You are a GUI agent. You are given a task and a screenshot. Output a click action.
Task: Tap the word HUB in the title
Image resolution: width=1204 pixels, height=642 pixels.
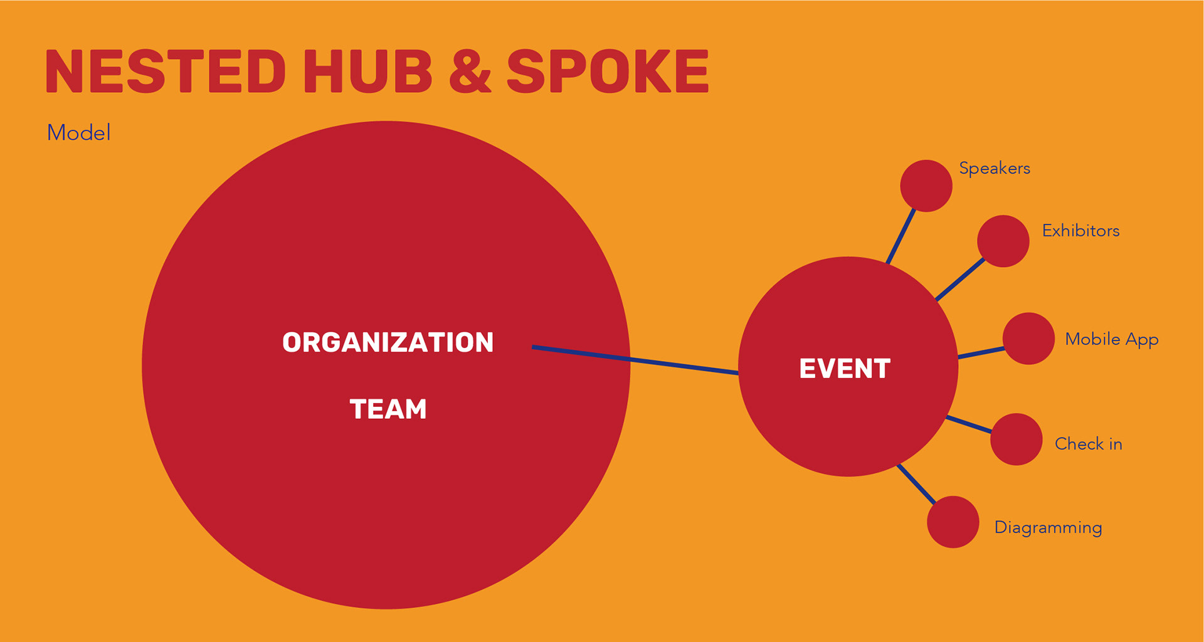[367, 71]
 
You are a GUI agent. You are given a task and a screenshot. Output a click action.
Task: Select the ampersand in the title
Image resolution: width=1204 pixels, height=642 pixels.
[470, 71]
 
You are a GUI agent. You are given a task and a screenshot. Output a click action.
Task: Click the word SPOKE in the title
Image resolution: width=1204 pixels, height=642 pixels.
[607, 71]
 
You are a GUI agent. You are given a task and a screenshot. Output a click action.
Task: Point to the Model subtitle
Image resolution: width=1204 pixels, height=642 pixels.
[79, 133]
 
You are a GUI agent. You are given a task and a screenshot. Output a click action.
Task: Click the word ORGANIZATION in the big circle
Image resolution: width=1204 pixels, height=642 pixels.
[388, 342]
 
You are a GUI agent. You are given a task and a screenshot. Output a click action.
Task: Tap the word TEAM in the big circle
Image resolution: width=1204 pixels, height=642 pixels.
[388, 409]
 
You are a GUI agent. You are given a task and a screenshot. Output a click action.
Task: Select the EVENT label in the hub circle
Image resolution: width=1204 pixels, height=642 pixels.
[845, 369]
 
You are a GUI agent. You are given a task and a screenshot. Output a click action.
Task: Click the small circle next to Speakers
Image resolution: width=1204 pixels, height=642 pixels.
[926, 186]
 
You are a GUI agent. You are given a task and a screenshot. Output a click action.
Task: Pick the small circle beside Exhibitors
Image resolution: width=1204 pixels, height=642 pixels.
[1003, 241]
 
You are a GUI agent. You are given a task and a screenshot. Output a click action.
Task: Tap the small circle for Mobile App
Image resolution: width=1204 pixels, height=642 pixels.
[1028, 339]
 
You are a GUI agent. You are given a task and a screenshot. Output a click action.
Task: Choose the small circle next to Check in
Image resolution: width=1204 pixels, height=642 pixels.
[1016, 439]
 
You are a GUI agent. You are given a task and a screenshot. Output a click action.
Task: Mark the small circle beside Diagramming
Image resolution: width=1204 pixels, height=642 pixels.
[953, 522]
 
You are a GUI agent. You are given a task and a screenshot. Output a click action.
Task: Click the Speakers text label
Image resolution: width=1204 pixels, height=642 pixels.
[995, 169]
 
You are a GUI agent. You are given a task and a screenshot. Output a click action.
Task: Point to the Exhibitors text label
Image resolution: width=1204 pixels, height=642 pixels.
[1080, 231]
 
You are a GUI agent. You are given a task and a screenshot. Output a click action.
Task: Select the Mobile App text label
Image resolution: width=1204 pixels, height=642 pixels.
[1111, 339]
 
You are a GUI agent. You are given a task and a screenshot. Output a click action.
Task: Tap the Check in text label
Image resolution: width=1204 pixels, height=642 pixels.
[1088, 444]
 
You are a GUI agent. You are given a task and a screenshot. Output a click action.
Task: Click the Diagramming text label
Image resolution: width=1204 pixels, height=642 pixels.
[1048, 527]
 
